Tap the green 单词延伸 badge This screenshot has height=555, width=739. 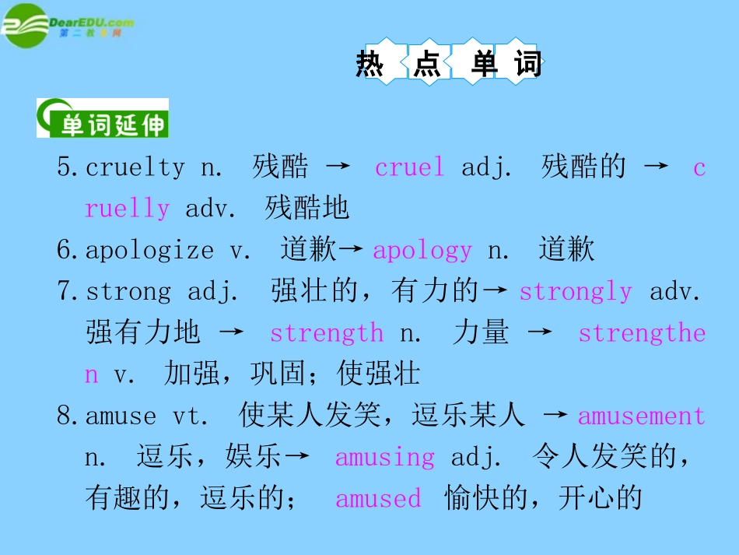(x=103, y=118)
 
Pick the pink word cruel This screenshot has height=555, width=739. (x=409, y=167)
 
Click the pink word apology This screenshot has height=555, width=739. (x=422, y=250)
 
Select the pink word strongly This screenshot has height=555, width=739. (x=576, y=291)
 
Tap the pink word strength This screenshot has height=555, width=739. (x=327, y=333)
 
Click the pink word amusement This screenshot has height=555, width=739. (x=642, y=416)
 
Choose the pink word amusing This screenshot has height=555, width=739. (x=385, y=457)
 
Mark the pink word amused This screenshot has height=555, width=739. (x=378, y=498)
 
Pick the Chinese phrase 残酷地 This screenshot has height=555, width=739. (x=307, y=209)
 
